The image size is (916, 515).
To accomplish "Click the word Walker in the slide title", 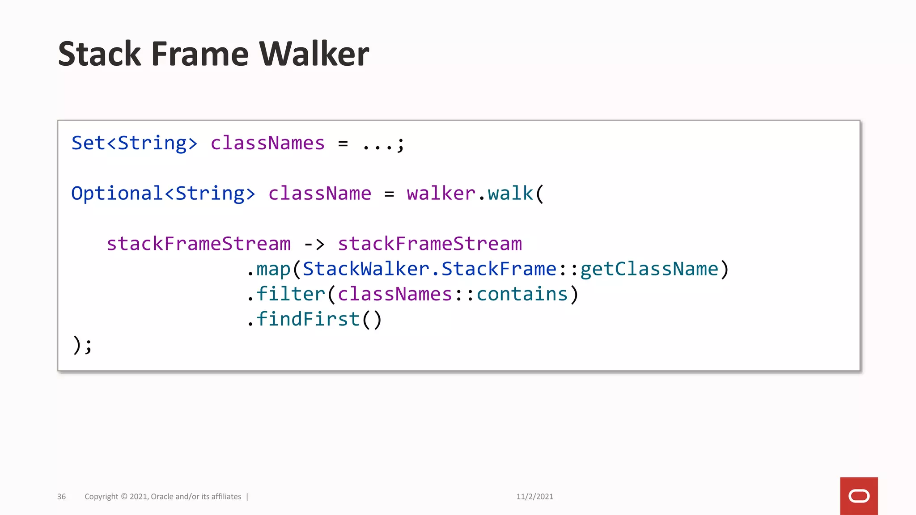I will (x=314, y=54).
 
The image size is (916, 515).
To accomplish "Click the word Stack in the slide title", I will (x=99, y=54).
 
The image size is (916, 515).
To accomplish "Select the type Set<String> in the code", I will (x=134, y=144).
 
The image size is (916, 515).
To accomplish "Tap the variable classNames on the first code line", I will (x=267, y=144).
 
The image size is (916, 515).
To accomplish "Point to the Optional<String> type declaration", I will (x=163, y=194).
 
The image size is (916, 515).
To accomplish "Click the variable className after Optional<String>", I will (x=320, y=194).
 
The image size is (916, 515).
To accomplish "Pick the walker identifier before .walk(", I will (x=441, y=194).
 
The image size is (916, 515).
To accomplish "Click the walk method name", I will (x=510, y=194).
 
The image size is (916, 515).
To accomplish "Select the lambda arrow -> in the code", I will (x=314, y=244).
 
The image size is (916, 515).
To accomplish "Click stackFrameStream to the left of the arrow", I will (x=199, y=244).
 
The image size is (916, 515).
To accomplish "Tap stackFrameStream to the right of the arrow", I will (x=430, y=244).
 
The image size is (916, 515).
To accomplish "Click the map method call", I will (x=273, y=269).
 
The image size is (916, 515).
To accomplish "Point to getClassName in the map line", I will (x=649, y=269).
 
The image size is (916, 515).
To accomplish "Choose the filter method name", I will (x=291, y=294).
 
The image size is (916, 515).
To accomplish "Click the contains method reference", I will (x=522, y=294).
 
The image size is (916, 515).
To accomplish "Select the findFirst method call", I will (x=308, y=319).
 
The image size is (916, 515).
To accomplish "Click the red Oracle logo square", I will (x=859, y=496).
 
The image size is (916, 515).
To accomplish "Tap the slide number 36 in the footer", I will (x=61, y=497).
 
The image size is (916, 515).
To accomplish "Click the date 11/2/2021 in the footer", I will (x=534, y=497).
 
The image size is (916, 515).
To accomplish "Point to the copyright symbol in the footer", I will (x=124, y=497).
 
